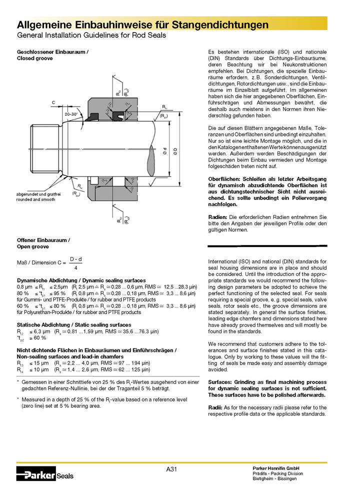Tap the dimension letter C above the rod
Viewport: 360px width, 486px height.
coord(53,102)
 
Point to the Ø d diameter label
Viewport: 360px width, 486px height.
coord(164,150)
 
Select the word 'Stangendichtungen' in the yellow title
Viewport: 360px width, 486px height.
coord(220,25)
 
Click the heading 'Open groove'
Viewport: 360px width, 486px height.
coord(32,246)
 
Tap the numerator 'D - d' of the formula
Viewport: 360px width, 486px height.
coord(75,258)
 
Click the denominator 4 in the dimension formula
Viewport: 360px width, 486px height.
coord(75,268)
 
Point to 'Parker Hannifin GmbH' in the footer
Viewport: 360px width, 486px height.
coord(279,468)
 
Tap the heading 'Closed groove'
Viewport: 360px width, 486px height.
coord(35,58)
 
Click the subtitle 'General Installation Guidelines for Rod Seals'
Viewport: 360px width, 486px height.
coord(91,36)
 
